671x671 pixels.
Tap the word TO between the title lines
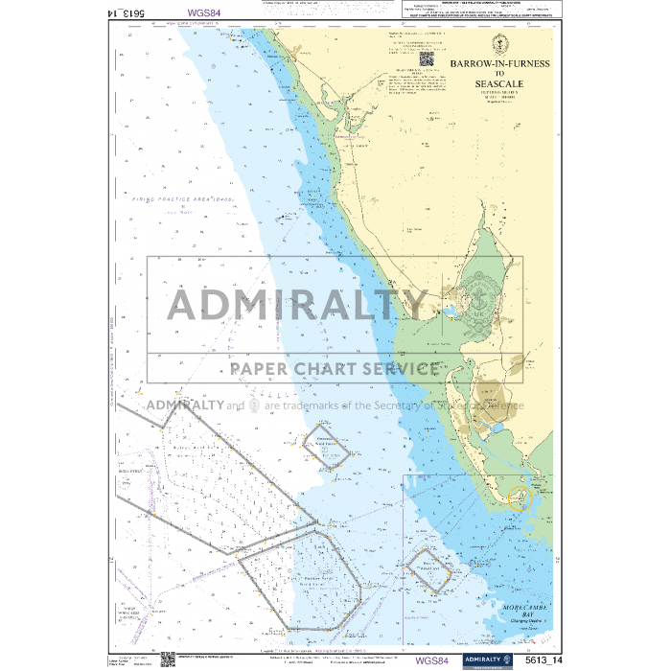click(x=498, y=74)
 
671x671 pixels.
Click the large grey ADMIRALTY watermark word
click(x=297, y=305)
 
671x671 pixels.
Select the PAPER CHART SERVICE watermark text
click(x=335, y=369)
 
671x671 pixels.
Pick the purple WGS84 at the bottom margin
click(x=431, y=659)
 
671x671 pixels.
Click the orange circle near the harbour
click(x=519, y=498)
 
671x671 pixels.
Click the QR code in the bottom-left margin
click(x=155, y=658)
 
